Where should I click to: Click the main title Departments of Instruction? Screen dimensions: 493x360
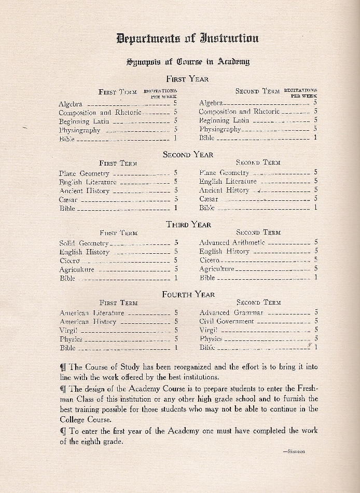pyautogui.click(x=187, y=38)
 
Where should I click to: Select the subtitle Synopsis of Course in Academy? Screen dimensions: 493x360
pyautogui.click(x=188, y=61)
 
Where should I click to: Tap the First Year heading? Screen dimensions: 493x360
pyautogui.click(x=187, y=79)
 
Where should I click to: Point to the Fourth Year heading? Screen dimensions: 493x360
pyautogui.click(x=188, y=294)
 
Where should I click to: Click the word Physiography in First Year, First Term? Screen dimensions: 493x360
pyautogui.click(x=79, y=130)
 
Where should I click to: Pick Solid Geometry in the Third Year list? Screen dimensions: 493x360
pyautogui.click(x=84, y=243)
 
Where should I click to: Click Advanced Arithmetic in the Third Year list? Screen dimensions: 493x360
pyautogui.click(x=232, y=242)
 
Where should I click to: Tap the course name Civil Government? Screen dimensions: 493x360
pyautogui.click(x=227, y=321)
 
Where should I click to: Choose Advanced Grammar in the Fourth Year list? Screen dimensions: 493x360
pyautogui.click(x=231, y=312)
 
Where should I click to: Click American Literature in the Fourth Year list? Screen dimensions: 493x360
pyautogui.click(x=92, y=313)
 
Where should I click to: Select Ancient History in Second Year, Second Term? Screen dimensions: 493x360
pyautogui.click(x=224, y=190)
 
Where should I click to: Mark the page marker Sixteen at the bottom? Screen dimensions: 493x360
pyautogui.click(x=294, y=451)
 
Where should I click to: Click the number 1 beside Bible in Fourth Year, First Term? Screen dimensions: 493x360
pyautogui.click(x=176, y=348)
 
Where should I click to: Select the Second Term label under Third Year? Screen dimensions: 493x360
pyautogui.click(x=258, y=232)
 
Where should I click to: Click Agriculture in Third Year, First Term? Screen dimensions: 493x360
pyautogui.click(x=77, y=269)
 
